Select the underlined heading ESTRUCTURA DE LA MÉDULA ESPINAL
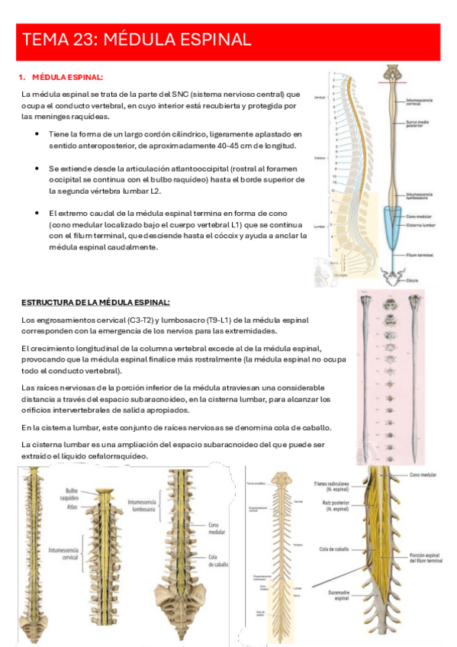pos(96,302)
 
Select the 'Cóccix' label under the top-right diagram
pos(413,280)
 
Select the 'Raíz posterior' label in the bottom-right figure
pos(333,507)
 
